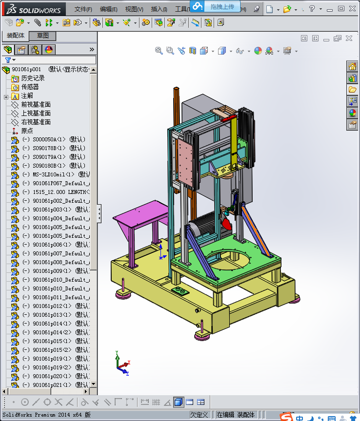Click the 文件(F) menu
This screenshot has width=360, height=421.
[x=83, y=9]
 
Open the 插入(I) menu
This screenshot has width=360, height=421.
[x=159, y=9]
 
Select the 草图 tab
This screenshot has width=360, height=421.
[x=43, y=36]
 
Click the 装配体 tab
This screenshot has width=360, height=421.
[x=16, y=36]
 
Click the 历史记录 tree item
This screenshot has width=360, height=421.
[x=33, y=78]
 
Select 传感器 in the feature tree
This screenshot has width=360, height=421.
[x=30, y=87]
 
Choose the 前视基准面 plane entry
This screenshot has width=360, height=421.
[x=36, y=104]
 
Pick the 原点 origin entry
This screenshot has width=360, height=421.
[x=27, y=131]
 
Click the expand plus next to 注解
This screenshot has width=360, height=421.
[x=6, y=96]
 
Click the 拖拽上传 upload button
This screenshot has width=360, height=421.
[x=218, y=7]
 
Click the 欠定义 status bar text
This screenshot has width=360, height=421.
[x=199, y=415]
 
